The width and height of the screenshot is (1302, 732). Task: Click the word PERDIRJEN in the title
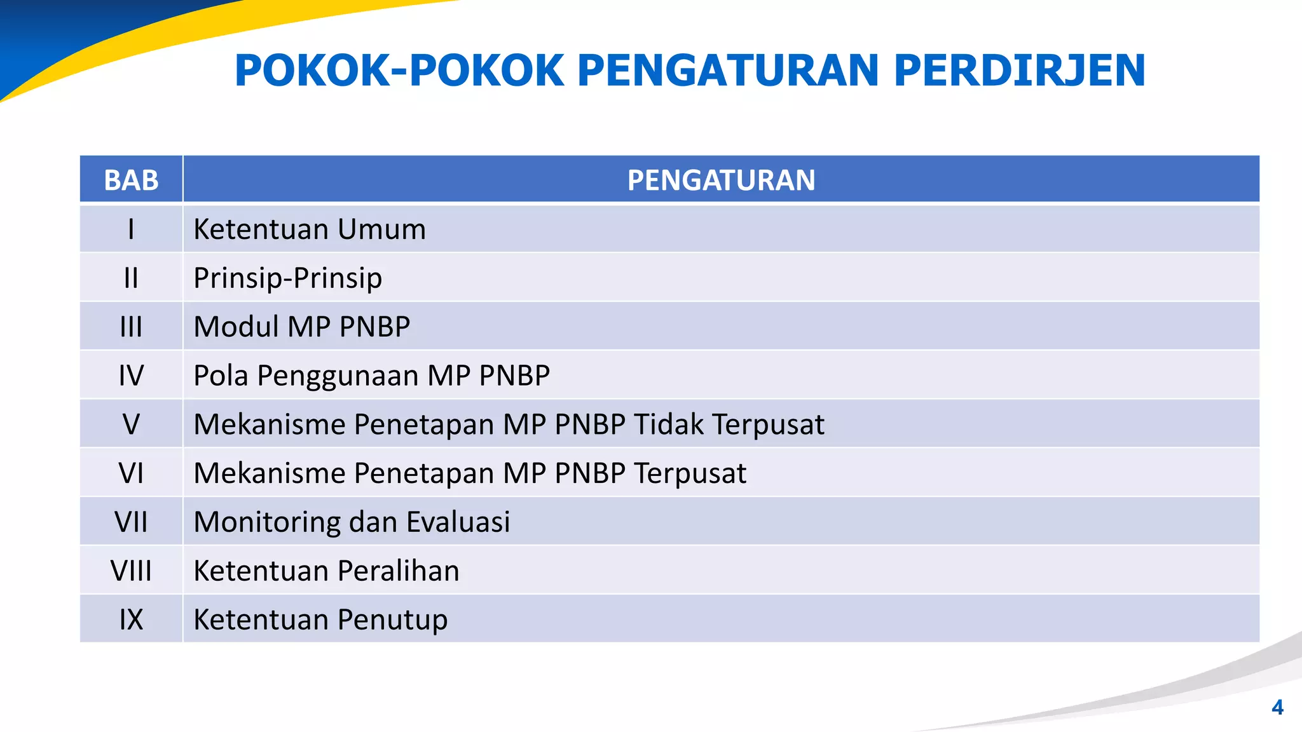pos(1019,70)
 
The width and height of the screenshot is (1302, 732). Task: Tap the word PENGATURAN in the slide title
pos(728,70)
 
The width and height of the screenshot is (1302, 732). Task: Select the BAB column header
pos(131,180)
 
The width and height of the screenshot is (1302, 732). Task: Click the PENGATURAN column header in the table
pos(721,180)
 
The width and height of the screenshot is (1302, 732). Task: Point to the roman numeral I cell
pos(131,229)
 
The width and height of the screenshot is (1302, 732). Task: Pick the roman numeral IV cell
pos(131,376)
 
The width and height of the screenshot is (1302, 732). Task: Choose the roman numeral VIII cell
pos(131,571)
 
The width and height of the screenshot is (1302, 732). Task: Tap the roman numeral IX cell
pos(131,620)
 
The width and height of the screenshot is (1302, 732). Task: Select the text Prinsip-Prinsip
pos(287,278)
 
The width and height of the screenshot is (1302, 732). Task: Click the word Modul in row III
pos(236,327)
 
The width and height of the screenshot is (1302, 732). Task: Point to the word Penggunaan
pos(337,376)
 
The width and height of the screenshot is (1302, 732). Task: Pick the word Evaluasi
pos(458,522)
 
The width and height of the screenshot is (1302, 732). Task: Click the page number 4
pos(1277,707)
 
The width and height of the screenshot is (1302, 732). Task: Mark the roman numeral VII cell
pos(131,522)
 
